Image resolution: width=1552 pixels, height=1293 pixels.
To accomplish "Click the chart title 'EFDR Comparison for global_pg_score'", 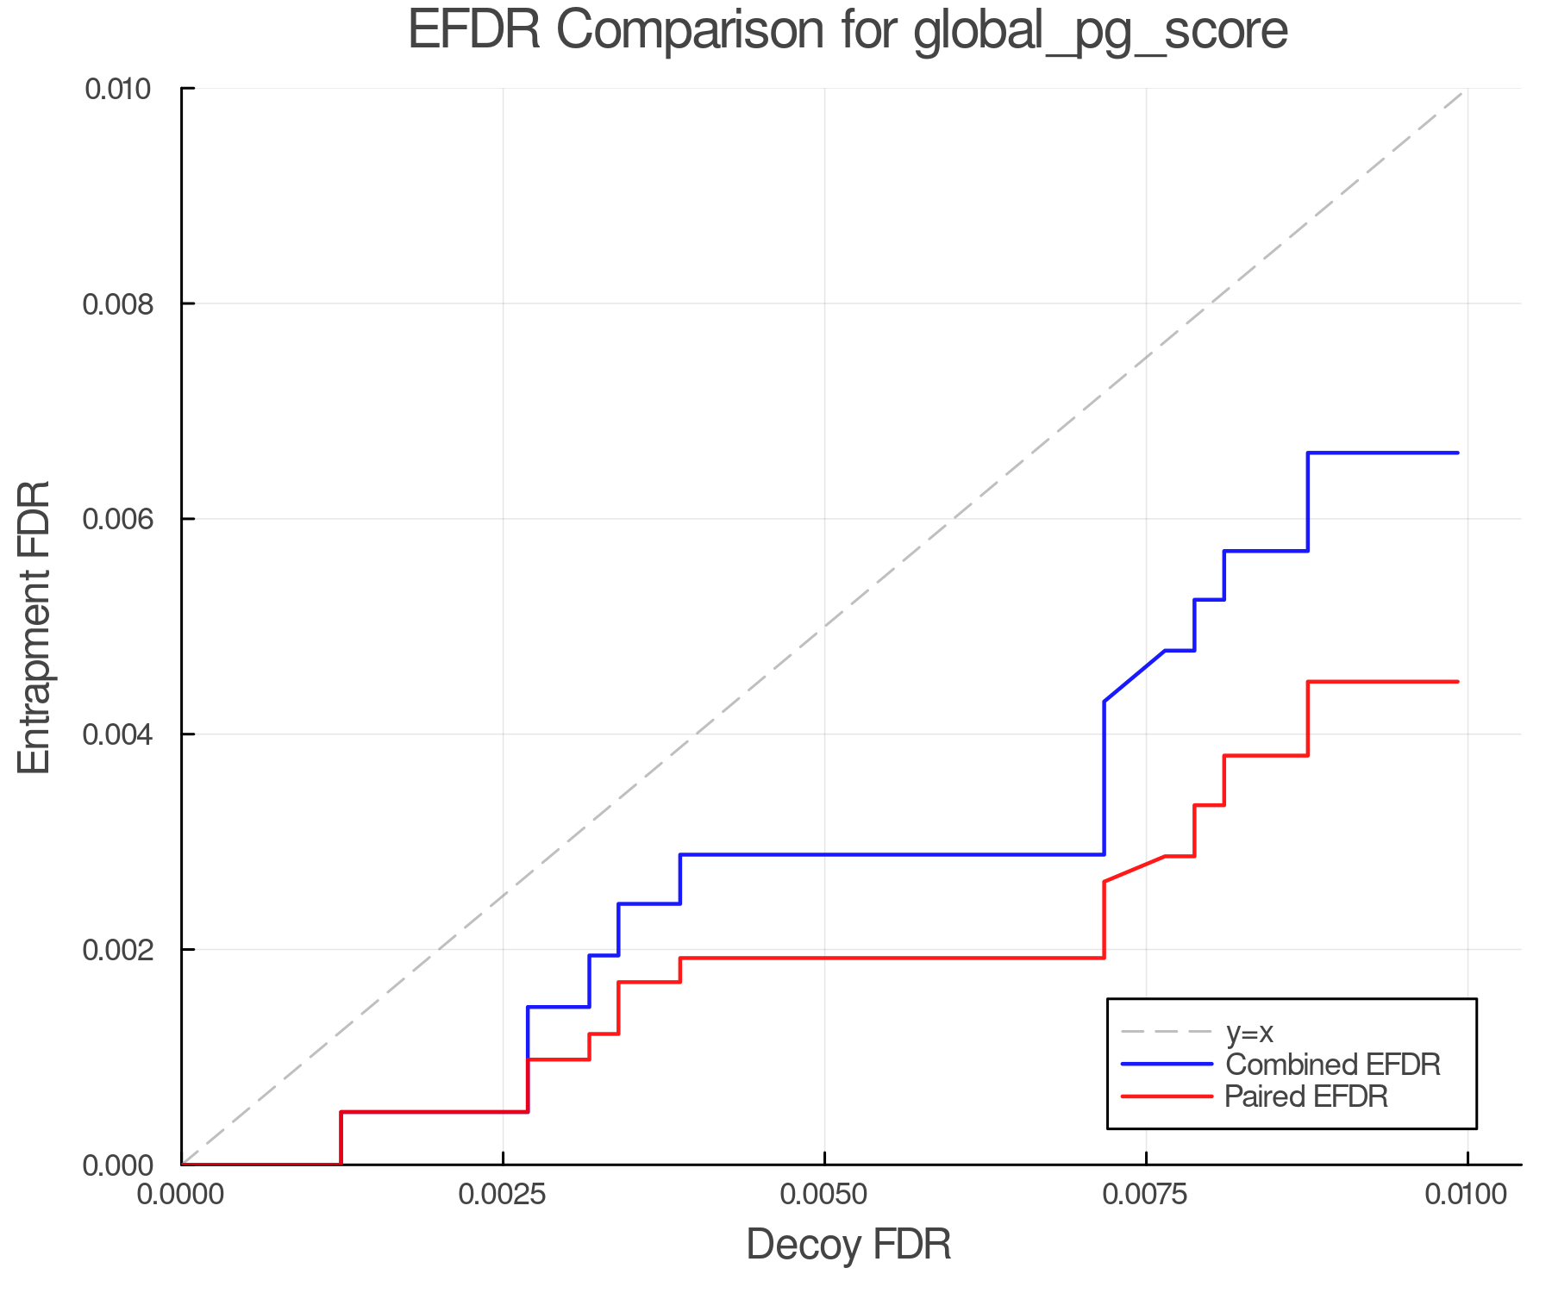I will point(848,31).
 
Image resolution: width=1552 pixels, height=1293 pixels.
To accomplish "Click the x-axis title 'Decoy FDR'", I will point(848,1245).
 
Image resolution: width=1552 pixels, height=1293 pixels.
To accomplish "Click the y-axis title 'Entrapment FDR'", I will point(34,627).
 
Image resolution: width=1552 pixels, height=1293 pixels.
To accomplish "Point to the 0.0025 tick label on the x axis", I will point(503,1195).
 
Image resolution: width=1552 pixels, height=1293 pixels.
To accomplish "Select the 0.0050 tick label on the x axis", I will point(824,1195).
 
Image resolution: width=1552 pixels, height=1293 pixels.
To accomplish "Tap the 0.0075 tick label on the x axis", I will point(1146,1195).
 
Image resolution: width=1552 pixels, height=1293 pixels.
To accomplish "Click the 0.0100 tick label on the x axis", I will point(1467,1195).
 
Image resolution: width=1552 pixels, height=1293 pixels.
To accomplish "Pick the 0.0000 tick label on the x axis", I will point(182,1195).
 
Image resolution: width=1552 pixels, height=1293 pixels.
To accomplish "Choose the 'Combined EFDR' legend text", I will point(1333,1065).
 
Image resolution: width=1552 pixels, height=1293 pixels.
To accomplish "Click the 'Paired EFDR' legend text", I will point(1306,1096).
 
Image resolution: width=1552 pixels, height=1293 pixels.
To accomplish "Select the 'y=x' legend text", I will point(1249,1033).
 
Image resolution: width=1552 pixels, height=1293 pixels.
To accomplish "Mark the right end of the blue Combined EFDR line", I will point(1457,453).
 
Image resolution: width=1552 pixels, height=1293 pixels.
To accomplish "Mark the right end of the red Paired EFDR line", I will point(1457,682).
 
